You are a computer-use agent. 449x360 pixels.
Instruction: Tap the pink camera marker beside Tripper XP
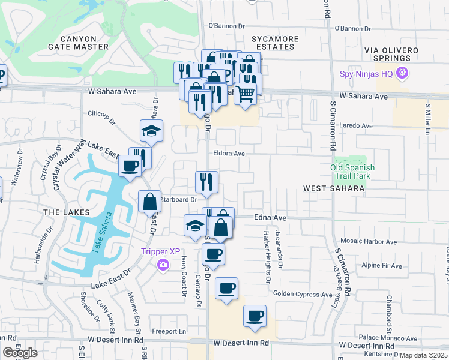pos(163,265)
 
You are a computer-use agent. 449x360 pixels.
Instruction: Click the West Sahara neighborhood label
pos(334,188)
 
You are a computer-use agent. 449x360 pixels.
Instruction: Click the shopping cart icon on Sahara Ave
pos(245,94)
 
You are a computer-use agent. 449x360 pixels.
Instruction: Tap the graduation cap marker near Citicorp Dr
pos(151,131)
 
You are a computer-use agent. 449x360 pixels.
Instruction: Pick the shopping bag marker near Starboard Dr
pos(149,202)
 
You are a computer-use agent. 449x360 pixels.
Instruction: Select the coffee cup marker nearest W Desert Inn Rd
pos(255,316)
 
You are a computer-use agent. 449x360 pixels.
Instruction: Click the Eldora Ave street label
pos(229,154)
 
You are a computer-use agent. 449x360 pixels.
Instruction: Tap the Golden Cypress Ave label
pos(303,295)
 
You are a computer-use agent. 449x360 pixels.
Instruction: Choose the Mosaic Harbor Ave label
pos(367,242)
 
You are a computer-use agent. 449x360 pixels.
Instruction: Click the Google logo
pos(20,353)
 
